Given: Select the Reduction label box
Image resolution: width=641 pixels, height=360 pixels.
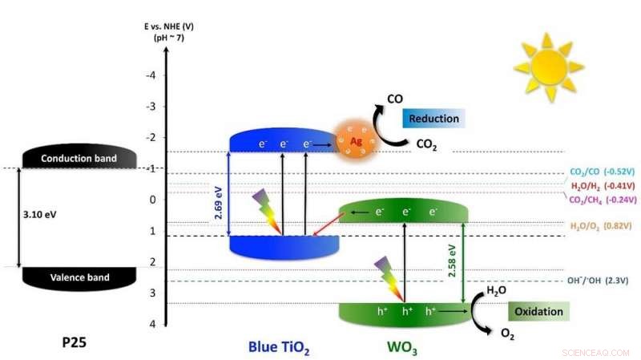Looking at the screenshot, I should [433, 119].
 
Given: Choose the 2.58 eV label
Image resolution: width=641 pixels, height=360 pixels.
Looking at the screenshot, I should [452, 261].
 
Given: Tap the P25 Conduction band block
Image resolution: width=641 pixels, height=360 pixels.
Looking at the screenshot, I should [67, 159].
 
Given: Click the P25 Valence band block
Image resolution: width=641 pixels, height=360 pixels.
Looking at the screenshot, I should [67, 277].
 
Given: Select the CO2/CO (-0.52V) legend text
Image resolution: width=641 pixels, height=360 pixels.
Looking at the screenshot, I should [600, 171].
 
